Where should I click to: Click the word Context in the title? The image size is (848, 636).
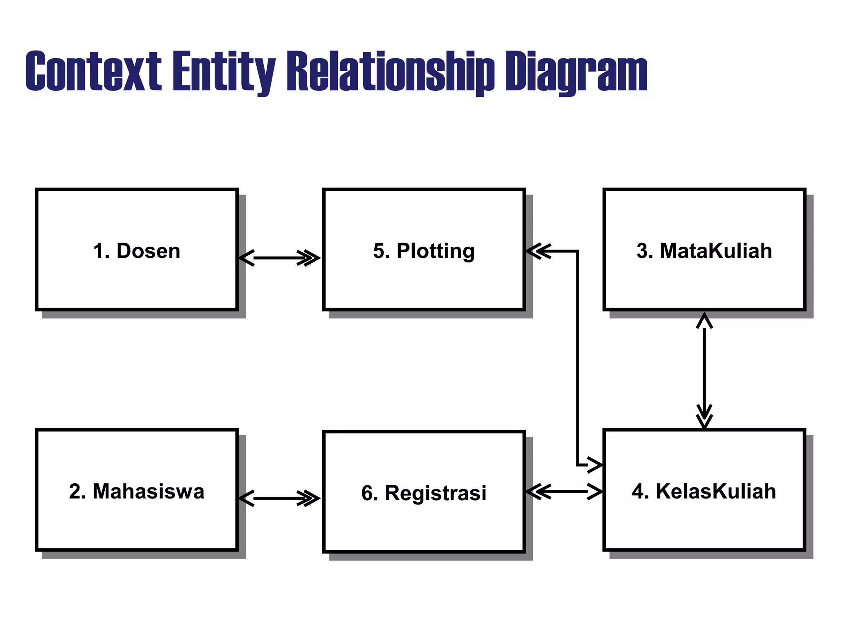pos(93,71)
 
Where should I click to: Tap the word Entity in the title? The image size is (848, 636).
pos(224,71)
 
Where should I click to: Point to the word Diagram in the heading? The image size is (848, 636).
pos(576,71)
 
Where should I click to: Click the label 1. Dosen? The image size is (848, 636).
pos(137,251)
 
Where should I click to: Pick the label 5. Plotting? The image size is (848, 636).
pos(424,251)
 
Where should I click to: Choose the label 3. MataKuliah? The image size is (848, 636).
pos(704,251)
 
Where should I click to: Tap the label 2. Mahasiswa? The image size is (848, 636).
pos(137,491)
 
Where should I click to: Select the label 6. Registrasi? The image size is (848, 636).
pos(424,493)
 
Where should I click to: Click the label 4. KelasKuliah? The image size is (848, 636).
pos(704,491)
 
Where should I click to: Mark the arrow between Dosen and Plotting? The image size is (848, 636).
pos(279,258)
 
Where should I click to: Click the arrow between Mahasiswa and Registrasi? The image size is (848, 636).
pos(279,498)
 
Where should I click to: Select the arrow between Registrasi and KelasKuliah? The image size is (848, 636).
pos(564,492)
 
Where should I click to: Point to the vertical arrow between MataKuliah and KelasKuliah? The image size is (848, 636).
pos(704,371)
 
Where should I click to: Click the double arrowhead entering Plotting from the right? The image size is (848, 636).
pos(538,251)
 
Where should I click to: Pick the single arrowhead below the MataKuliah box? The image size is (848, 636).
pos(704,321)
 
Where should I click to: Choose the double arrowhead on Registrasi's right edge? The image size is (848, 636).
pos(538,492)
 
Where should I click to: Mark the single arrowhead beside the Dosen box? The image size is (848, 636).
pos(247,258)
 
